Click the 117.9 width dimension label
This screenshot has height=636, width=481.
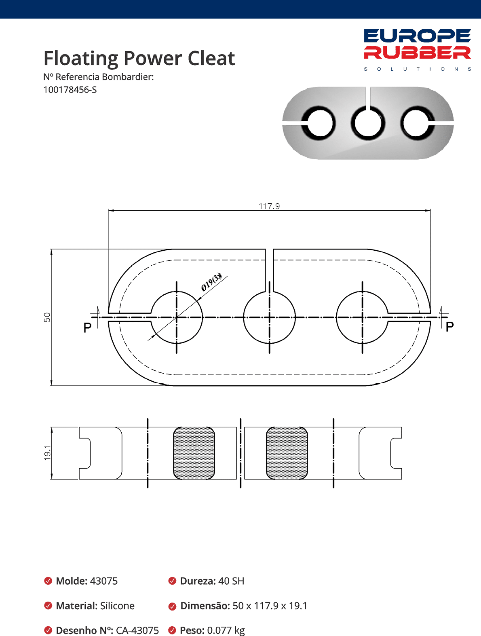point(269,206)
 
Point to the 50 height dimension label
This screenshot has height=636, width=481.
point(47,317)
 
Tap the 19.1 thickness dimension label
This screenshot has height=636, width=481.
point(47,453)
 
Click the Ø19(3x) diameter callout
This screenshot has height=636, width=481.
point(211,282)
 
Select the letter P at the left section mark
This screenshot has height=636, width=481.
point(87,328)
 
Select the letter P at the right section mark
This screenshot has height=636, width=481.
point(449,326)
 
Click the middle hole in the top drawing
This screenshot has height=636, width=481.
point(270,317)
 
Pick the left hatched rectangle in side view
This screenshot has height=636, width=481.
point(194,453)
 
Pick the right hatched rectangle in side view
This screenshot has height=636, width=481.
point(287,453)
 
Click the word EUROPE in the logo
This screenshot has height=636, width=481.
point(417,36)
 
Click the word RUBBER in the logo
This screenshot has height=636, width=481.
point(417,53)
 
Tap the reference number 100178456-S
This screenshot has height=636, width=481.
point(70,90)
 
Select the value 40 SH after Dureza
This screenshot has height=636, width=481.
point(231,581)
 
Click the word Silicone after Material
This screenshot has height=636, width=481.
point(117,606)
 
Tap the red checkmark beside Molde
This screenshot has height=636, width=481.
point(48,581)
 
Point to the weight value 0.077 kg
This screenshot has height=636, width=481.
point(226,630)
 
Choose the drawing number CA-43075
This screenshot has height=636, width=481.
point(137,630)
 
